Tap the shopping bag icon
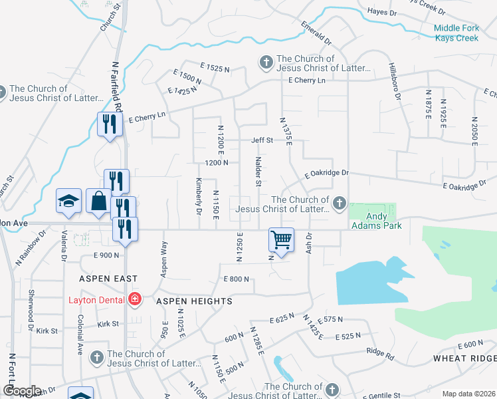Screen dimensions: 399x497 [98, 201]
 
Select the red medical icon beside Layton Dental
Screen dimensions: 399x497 [136, 300]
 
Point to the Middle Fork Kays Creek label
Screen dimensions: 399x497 [465, 33]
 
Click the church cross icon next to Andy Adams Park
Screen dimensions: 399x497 [340, 203]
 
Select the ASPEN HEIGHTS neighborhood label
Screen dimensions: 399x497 [194, 301]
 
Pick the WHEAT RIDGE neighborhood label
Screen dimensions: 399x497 [464, 358]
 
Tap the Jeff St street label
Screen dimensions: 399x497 [262, 140]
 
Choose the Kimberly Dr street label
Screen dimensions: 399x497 [198, 196]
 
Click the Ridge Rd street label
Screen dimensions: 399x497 [380, 353]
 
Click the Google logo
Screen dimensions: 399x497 [21, 390]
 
